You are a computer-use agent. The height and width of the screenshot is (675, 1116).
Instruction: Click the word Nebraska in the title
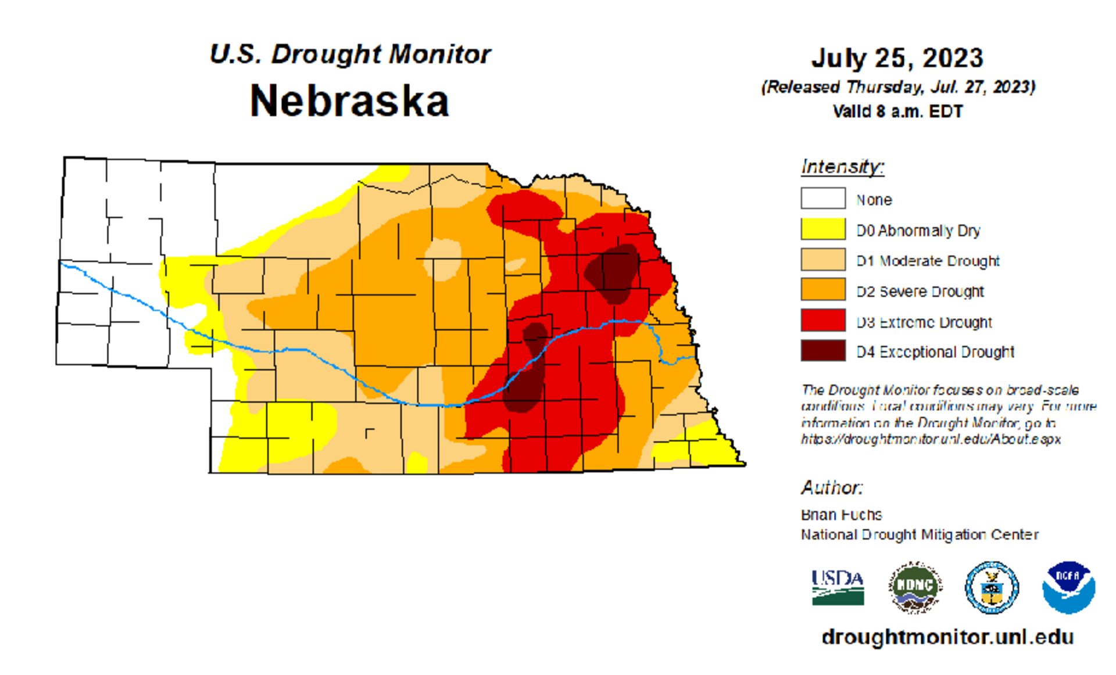(x=349, y=101)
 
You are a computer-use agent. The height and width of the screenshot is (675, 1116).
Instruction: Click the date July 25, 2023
(x=897, y=58)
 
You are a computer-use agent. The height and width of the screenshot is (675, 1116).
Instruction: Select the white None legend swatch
(x=822, y=198)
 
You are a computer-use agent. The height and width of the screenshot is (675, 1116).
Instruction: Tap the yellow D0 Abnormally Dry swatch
(x=822, y=229)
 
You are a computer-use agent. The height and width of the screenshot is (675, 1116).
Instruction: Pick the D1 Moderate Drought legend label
(x=928, y=261)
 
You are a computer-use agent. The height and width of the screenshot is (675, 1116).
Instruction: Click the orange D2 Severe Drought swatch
(x=822, y=290)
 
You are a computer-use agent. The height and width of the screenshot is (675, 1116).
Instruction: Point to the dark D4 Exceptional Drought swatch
(x=822, y=351)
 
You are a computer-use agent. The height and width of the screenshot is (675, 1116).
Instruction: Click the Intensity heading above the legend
(x=842, y=167)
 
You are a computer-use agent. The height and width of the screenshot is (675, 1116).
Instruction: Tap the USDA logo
(x=838, y=587)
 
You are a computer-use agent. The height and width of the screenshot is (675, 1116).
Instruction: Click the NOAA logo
(x=1068, y=587)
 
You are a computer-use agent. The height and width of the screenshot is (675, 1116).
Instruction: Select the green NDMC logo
(x=915, y=587)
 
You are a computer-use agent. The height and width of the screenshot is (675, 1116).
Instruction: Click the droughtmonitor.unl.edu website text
(x=947, y=637)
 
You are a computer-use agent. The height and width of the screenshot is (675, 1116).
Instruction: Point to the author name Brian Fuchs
(x=841, y=515)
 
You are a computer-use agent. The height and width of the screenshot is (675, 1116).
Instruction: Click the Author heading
(x=832, y=487)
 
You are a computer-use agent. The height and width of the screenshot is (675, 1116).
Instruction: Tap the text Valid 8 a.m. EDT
(x=897, y=111)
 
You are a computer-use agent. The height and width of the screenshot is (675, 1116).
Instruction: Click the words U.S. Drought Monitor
(x=350, y=54)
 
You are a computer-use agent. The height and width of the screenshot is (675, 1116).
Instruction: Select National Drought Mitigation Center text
(x=920, y=534)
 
